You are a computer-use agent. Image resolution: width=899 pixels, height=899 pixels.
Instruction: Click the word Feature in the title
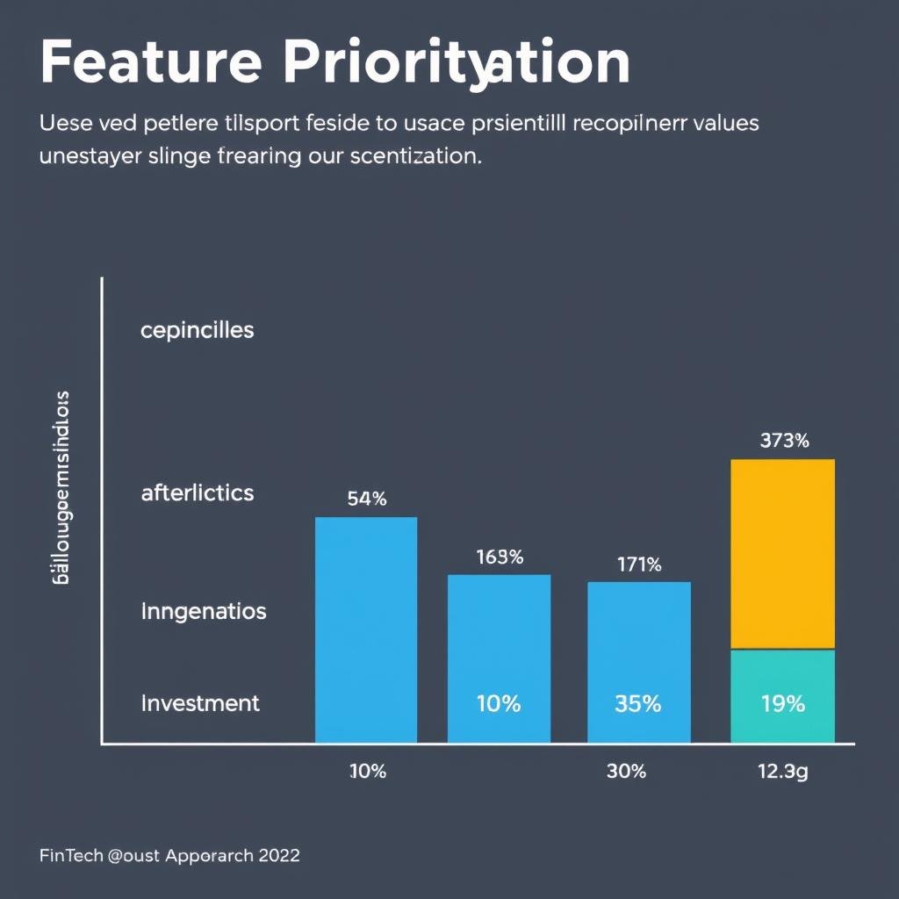click(150, 62)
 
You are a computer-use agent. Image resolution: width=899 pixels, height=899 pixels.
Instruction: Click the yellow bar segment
click(782, 554)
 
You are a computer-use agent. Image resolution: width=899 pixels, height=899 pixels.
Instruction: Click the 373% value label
click(783, 441)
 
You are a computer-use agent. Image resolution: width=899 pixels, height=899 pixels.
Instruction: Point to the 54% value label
click(366, 499)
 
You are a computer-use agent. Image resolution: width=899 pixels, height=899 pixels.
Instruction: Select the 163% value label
click(500, 557)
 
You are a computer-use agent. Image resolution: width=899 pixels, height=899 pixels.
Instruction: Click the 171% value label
click(638, 565)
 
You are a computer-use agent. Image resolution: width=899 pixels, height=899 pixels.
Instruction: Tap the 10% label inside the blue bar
click(499, 703)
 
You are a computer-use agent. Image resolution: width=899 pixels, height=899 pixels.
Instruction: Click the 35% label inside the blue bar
click(638, 703)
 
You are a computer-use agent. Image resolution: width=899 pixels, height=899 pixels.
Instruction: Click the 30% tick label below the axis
click(626, 772)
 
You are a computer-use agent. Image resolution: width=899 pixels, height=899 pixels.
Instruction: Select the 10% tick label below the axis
click(367, 772)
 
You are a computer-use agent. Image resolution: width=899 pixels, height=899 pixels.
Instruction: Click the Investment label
click(200, 702)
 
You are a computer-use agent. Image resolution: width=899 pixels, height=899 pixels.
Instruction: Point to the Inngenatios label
click(203, 611)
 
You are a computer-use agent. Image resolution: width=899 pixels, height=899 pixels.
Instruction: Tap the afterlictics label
click(197, 493)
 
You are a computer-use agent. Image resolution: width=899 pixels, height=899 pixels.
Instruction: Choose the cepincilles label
click(197, 330)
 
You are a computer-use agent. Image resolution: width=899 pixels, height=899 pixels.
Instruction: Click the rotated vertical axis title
click(62, 488)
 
